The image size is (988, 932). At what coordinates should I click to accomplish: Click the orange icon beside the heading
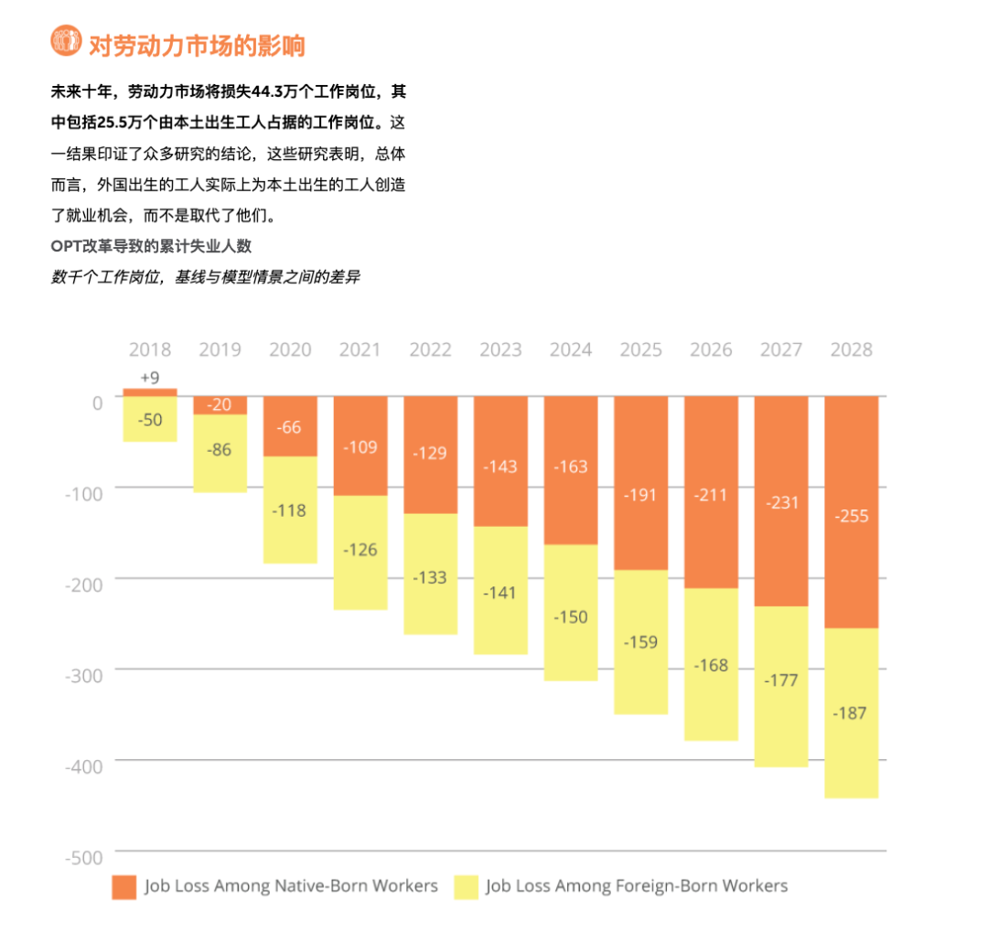coord(66,42)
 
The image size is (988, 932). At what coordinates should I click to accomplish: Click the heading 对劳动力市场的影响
coord(196,44)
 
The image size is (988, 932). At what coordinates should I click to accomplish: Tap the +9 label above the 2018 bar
coord(150,377)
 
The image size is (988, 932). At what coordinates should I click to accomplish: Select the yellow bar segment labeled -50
coord(150,419)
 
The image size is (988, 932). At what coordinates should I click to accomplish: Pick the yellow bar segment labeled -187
coord(852,713)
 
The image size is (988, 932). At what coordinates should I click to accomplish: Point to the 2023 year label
coord(500,349)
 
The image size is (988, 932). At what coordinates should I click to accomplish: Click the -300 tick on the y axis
coord(85,670)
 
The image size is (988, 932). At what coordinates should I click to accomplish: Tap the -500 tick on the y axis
coord(85,857)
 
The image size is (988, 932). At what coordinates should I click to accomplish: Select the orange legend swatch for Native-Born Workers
coord(123,886)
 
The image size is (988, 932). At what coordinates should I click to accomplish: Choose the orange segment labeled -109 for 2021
coord(360,446)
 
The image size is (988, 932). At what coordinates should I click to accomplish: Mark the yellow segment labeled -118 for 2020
coord(290,510)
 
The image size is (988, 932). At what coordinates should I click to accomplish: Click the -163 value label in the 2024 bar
coord(571,466)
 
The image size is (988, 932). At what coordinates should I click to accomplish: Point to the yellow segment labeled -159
coord(641,642)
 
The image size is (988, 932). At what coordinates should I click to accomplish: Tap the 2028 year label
coord(851,349)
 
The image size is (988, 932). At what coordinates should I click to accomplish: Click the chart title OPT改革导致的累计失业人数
coord(151,246)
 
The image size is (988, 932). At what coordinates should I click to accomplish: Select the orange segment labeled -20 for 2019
coord(220,405)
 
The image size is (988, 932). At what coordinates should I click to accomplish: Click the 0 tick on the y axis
coord(97,401)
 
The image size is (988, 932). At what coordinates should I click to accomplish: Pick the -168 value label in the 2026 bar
coord(711,665)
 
